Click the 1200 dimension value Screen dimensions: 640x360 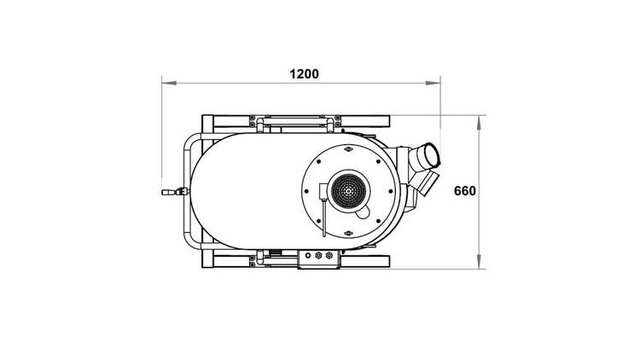(x=304, y=74)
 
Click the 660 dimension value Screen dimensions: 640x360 (x=465, y=190)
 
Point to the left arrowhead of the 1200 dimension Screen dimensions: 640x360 (x=169, y=83)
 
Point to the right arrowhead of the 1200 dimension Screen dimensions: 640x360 (x=433, y=83)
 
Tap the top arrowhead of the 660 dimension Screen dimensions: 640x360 (x=479, y=123)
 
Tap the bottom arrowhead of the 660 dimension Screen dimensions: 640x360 (x=479, y=262)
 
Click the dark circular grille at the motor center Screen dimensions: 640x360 (x=348, y=190)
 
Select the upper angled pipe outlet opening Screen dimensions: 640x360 (x=432, y=155)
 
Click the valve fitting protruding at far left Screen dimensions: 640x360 (x=175, y=191)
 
